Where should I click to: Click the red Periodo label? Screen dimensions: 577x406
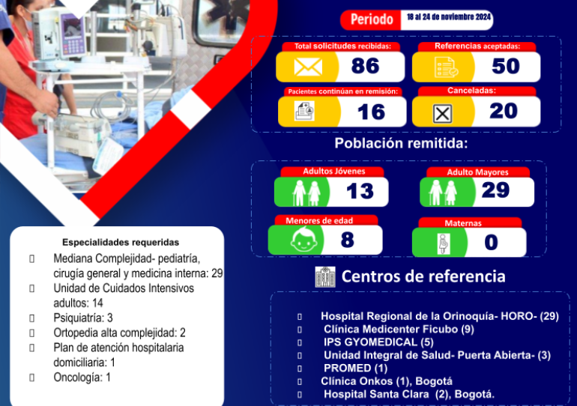tap(372, 19)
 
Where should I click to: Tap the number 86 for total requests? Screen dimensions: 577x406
tap(365, 66)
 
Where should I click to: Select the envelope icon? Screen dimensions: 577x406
tap(308, 67)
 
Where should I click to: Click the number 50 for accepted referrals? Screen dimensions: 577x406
tap(506, 66)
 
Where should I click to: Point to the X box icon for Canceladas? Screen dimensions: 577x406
tap(442, 114)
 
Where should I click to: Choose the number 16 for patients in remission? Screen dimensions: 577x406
tap(371, 112)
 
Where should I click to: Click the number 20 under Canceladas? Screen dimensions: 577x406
tap(504, 111)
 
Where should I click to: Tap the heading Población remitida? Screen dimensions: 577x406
tap(401, 143)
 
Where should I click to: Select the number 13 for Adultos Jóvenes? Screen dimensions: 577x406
tap(360, 191)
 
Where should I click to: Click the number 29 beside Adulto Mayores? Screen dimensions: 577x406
tap(495, 190)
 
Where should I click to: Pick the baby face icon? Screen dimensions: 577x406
tap(304, 240)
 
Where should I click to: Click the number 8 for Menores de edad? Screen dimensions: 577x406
tap(348, 240)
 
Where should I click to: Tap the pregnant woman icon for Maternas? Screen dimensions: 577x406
tap(444, 243)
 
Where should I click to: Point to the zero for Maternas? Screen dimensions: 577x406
tap(492, 243)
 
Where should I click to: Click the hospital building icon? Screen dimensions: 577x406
tap(325, 277)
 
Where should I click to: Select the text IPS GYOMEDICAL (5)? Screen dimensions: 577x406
tap(378, 342)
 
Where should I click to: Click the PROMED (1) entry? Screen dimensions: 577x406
tap(355, 368)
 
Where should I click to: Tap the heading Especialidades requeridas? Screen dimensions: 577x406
tap(121, 243)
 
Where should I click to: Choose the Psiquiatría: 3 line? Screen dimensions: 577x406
tap(83, 318)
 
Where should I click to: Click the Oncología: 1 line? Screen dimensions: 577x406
tap(82, 378)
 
